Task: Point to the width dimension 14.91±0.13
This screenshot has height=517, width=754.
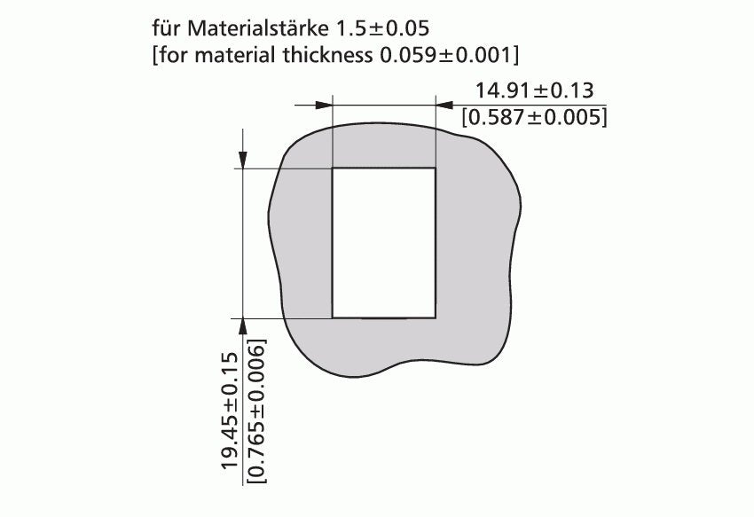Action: click(534, 90)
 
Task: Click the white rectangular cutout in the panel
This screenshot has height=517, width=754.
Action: click(383, 242)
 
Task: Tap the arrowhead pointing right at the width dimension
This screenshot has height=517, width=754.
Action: click(323, 105)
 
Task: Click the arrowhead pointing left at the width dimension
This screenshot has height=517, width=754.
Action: click(444, 105)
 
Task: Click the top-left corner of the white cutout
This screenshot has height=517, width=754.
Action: click(333, 168)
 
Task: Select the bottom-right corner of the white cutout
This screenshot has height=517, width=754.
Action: click(435, 317)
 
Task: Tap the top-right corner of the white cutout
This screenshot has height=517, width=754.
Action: click(435, 168)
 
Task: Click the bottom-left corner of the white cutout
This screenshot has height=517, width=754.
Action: click(333, 317)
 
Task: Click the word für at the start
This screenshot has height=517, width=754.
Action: click(167, 27)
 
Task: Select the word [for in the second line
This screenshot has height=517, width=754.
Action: click(168, 55)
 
